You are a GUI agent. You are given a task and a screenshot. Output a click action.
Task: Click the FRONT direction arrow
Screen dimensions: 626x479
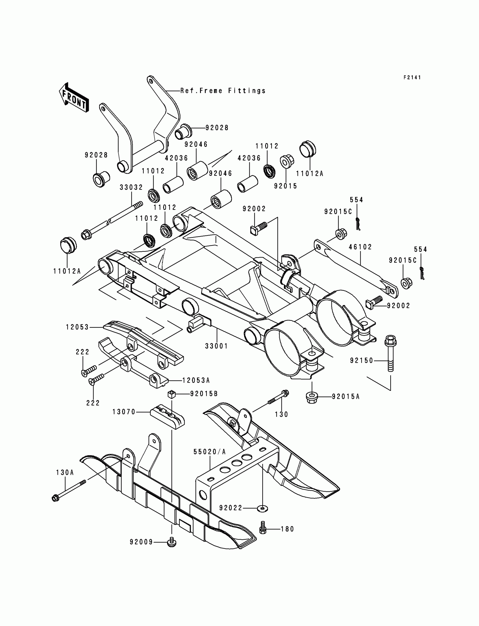[x=74, y=98]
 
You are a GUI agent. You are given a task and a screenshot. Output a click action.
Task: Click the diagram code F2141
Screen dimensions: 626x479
[x=412, y=77]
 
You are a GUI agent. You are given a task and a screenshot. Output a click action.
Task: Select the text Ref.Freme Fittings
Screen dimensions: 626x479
[x=223, y=91]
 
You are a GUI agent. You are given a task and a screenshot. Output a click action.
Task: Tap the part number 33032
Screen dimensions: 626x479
[x=131, y=187]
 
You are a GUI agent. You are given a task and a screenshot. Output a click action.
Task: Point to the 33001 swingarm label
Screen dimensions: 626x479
[x=217, y=346]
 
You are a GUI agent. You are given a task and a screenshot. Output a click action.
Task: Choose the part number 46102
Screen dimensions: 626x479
[x=360, y=247]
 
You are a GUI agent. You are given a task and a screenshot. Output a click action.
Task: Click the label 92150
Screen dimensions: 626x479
[x=362, y=361]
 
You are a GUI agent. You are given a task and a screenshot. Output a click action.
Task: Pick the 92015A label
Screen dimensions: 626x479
[x=345, y=396]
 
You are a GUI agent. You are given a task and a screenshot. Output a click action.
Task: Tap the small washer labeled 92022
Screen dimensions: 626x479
[x=262, y=508]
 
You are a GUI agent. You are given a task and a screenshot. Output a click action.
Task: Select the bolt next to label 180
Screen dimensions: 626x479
[x=263, y=529]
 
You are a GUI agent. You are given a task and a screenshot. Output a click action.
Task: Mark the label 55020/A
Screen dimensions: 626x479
[x=210, y=452]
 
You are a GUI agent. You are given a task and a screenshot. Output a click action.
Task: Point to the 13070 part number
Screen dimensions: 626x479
[x=124, y=412]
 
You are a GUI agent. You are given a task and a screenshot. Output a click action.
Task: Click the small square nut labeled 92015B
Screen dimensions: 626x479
[x=171, y=394]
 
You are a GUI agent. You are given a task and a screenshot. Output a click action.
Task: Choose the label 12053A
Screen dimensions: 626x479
[x=196, y=380]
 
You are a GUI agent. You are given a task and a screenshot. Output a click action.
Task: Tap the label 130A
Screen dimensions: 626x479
[x=65, y=473]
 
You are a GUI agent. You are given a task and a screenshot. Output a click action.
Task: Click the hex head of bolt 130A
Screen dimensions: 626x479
[x=56, y=498]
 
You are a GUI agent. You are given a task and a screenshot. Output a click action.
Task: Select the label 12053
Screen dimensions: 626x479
[x=77, y=327]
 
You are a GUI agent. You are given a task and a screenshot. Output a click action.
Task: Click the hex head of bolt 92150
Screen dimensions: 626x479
[x=390, y=340]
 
